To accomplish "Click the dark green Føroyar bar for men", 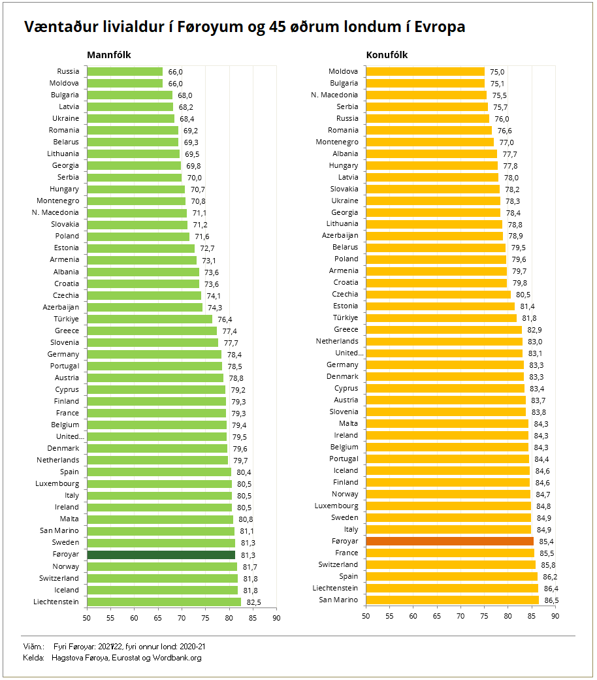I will tap(161, 555).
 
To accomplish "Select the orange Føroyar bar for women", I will tap(450, 541).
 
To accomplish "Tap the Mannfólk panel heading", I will tap(109, 55).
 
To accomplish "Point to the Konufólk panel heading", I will tap(387, 55).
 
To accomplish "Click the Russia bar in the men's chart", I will tap(125, 71).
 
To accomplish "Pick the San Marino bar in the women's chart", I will tap(453, 600).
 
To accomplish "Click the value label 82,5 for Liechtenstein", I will tap(254, 602).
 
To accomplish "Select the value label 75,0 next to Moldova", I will tap(498, 72).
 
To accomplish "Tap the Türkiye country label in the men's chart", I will tap(66, 319).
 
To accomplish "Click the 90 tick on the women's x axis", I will tap(555, 615).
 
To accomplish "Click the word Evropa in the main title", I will tap(434, 27).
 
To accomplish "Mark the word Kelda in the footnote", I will tap(33, 658).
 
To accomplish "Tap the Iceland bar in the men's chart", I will tap(162, 590).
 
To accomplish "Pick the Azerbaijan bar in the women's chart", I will tap(434, 236).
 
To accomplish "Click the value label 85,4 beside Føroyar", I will tap(547, 542).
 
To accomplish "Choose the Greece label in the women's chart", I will tap(346, 330).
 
